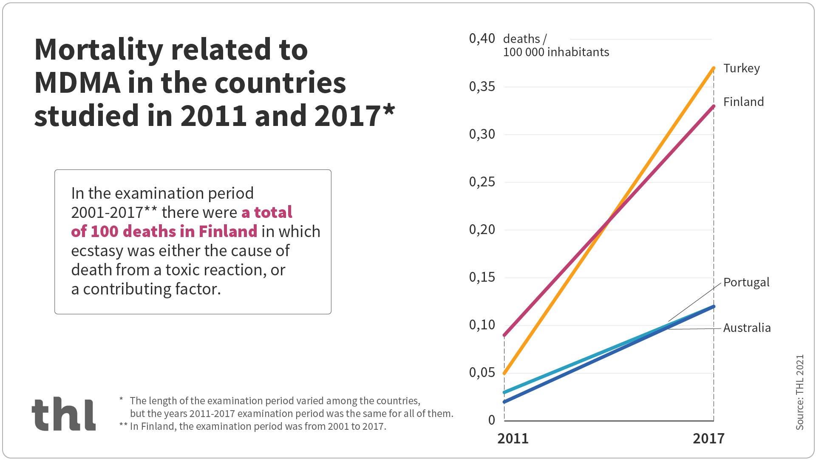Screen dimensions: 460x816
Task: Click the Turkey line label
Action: click(741, 69)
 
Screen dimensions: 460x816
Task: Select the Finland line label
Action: click(743, 102)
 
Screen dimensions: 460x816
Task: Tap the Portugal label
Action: click(746, 283)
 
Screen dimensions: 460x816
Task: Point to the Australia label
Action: click(747, 328)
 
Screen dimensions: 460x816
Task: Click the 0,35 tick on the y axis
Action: click(482, 87)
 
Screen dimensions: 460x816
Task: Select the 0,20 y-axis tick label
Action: click(482, 230)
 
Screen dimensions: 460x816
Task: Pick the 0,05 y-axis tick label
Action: click(482, 373)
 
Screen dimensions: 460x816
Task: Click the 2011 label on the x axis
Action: click(513, 439)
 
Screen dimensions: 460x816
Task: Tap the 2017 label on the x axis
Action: click(708, 439)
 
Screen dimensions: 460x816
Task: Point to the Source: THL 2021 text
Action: click(800, 392)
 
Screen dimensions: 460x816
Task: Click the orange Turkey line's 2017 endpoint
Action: click(714, 68)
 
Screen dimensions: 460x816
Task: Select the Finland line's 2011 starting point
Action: click(504, 335)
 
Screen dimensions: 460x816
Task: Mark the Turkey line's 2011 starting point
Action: click(504, 373)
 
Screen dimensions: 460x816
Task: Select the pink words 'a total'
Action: click(267, 212)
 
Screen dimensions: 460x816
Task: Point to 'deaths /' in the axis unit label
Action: click(524, 39)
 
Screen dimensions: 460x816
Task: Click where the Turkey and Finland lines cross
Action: click(609, 221)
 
